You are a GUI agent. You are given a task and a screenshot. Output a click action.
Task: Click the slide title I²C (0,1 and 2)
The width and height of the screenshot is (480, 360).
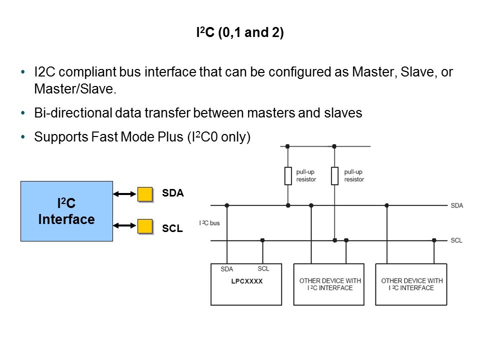(x=239, y=34)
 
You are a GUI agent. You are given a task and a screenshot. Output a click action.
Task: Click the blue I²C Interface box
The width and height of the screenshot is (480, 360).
(x=66, y=211)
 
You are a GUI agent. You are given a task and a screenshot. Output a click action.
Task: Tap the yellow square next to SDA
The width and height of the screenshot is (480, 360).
(x=145, y=194)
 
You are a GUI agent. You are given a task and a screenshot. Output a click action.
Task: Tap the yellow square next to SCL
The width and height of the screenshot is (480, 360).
(x=145, y=226)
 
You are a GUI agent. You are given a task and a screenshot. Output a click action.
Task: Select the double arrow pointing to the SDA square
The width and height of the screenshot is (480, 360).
(x=125, y=194)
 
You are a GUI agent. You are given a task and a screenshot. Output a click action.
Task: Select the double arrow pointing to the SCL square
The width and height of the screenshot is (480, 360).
(x=125, y=226)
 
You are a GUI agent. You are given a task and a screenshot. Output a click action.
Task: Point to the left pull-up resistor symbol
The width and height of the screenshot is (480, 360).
(x=287, y=176)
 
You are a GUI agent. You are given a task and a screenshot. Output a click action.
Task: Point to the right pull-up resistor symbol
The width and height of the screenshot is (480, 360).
(x=334, y=176)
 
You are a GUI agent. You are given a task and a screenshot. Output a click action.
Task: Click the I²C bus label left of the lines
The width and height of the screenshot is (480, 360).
(x=209, y=222)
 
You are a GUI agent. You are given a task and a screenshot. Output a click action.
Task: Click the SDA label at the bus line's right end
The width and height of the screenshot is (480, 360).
(x=456, y=205)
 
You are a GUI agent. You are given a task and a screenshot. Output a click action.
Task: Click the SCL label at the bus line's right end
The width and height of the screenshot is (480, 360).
(x=456, y=240)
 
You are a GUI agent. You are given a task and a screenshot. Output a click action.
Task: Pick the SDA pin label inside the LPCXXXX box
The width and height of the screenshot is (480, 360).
(x=226, y=269)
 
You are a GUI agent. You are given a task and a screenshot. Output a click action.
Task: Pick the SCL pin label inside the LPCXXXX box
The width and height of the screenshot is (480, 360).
(x=263, y=268)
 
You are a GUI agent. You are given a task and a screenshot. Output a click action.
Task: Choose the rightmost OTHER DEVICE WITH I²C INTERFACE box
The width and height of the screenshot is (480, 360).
(x=411, y=284)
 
